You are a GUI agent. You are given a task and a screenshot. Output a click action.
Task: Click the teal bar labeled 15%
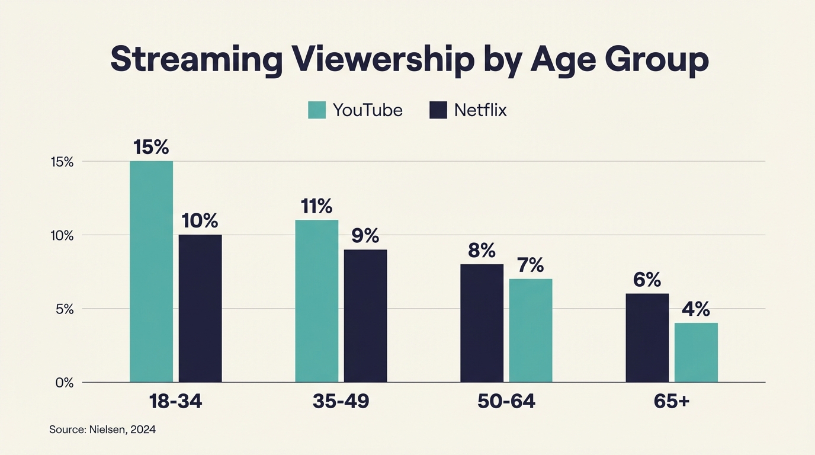[x=151, y=271]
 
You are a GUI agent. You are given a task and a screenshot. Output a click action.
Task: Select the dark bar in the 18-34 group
[x=200, y=308]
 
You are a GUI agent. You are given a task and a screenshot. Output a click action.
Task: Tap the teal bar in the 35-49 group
[x=316, y=301]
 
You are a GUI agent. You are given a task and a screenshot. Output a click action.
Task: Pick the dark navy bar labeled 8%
[x=482, y=323]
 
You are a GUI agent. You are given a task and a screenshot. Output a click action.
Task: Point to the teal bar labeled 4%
[x=696, y=353]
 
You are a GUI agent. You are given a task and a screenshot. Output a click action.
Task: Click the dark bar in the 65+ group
[x=647, y=338]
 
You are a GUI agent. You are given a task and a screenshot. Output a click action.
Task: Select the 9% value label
[x=365, y=236]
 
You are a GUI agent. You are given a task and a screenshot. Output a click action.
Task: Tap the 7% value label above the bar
[x=530, y=265]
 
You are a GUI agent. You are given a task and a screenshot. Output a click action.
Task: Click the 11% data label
[x=316, y=206]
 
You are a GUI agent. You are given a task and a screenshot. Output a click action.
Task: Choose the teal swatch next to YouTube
[x=317, y=110]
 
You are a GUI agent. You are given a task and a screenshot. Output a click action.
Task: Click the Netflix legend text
[x=480, y=110]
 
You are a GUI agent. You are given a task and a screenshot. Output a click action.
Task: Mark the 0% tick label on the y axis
[x=64, y=383]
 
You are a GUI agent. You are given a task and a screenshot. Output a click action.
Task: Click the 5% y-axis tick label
[x=64, y=309]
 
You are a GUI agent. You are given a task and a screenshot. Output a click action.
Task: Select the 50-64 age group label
[x=506, y=402]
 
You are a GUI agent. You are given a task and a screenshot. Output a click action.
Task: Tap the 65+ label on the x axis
[x=672, y=402]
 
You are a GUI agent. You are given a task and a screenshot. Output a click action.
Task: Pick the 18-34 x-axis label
[x=175, y=402]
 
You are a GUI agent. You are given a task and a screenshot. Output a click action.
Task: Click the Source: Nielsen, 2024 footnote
[x=102, y=430]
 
